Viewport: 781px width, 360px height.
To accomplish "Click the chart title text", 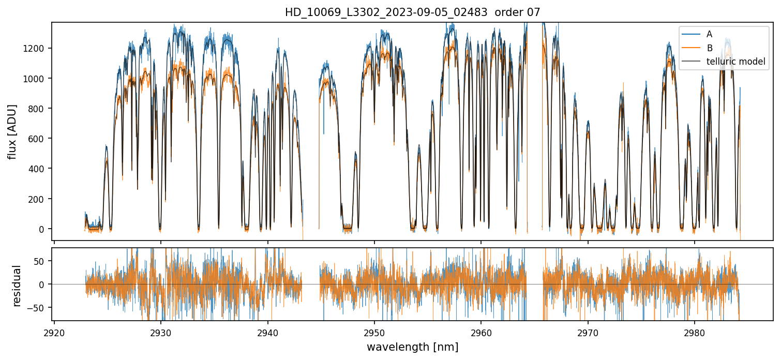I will [x=412, y=12].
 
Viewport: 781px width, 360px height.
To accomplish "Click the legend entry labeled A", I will [x=709, y=34].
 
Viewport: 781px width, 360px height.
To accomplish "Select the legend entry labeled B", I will [x=709, y=48].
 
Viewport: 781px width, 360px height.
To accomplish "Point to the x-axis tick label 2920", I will [x=54, y=332].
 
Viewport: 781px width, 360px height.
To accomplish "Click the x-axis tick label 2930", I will [x=161, y=332].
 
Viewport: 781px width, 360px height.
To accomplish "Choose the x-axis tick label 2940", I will [x=268, y=332].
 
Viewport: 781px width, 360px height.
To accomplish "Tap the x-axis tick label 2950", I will [x=374, y=332].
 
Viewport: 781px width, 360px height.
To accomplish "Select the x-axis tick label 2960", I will [x=481, y=332].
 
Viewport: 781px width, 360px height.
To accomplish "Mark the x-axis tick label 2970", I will [x=588, y=332].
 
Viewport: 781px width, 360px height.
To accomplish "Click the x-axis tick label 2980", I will [x=695, y=332].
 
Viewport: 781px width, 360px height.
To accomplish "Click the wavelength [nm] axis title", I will [x=412, y=347].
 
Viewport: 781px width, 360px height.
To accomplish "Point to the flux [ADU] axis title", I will [x=12, y=131].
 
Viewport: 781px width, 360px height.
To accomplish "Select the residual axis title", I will [x=17, y=286].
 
